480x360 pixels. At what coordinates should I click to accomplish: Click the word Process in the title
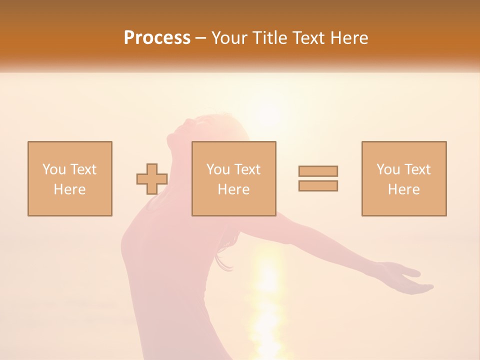[x=157, y=38]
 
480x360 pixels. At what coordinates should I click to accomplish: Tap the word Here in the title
[x=348, y=38]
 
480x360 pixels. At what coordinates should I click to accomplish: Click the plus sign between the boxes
[x=152, y=179]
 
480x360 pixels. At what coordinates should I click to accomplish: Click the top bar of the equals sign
[x=318, y=171]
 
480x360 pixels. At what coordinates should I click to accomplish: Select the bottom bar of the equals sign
[x=318, y=185]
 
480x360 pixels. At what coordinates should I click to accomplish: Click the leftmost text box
[x=70, y=178]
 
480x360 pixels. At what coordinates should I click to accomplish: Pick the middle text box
[x=234, y=178]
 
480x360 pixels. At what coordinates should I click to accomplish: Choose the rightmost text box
[x=404, y=178]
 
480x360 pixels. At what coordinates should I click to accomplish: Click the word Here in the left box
[x=70, y=189]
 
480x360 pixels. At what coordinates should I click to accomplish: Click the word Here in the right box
[x=404, y=189]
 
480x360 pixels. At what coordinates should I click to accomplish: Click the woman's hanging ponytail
[x=224, y=255]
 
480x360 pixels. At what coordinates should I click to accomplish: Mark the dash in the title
[x=200, y=38]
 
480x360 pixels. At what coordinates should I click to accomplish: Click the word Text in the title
[x=305, y=38]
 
